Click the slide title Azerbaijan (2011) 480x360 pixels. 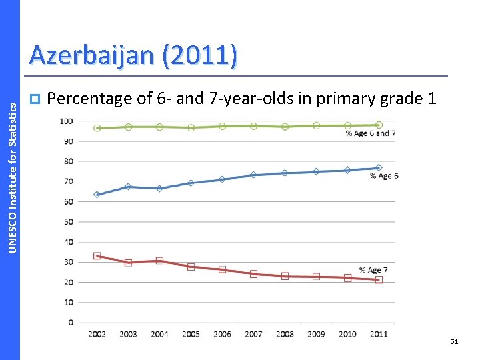132,55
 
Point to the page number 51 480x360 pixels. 454,341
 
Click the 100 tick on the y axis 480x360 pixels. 67,121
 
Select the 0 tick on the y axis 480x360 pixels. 71,322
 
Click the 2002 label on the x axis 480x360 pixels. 97,333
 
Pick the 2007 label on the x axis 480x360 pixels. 253,333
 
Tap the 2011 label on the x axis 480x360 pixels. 378,333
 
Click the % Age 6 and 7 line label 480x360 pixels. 370,133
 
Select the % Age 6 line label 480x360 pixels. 384,176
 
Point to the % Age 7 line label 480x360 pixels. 373,270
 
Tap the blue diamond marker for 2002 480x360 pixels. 97,195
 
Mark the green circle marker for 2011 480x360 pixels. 379,125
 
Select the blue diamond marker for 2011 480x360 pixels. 379,168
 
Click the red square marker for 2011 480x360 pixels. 379,280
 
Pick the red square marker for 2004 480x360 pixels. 159,261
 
